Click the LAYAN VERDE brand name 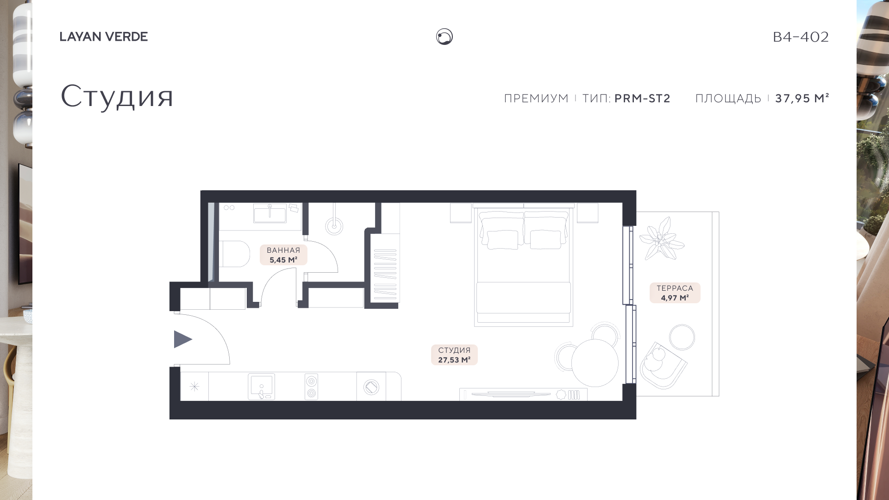[x=104, y=37]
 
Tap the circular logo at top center [x=444, y=37]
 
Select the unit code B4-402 [x=801, y=37]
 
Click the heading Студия [x=117, y=96]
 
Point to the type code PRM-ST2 [x=642, y=98]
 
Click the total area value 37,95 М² [x=802, y=98]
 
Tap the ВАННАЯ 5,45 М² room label [x=283, y=255]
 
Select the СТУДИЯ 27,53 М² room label [x=454, y=355]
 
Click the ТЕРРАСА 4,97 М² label [x=675, y=293]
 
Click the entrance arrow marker [x=182, y=339]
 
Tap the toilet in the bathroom [x=234, y=254]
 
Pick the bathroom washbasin [x=270, y=213]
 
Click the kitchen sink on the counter [x=262, y=387]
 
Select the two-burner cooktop [x=312, y=387]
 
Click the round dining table [x=595, y=363]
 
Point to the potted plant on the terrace [x=661, y=239]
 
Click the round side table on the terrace [x=682, y=337]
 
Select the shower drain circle [x=334, y=226]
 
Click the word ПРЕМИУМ [x=536, y=99]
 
